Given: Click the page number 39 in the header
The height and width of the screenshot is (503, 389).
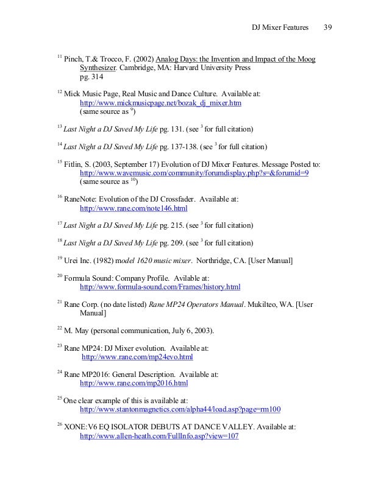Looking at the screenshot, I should click(327, 28).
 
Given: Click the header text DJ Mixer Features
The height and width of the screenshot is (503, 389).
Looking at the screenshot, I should click(280, 28).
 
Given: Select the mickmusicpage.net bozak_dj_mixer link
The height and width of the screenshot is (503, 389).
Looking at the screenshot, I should click(161, 104).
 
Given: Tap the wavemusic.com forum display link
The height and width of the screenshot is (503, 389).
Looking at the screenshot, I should click(194, 173).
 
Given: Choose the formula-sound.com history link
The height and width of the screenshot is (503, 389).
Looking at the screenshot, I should click(160, 286).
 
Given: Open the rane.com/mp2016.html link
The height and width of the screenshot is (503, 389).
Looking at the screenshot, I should click(134, 384).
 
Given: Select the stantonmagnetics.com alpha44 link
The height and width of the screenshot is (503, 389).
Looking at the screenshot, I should click(180, 409).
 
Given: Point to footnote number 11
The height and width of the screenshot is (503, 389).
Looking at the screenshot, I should click(59, 57).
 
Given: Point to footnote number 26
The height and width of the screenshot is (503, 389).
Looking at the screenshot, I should click(59, 425).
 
